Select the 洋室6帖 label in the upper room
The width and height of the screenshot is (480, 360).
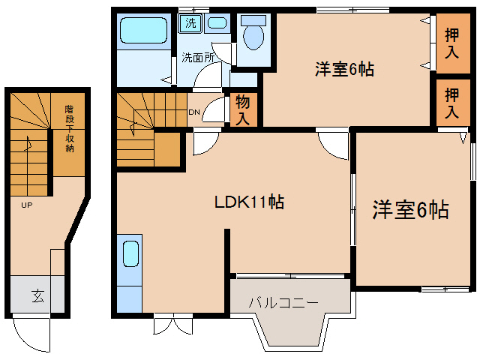[x=344, y=70]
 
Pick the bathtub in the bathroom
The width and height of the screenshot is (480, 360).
[x=143, y=32]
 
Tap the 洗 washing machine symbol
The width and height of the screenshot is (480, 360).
[x=190, y=22]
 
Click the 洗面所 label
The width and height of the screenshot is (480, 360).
[x=198, y=57]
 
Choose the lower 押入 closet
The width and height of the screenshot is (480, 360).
[x=451, y=103]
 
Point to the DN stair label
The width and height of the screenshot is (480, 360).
[x=193, y=113]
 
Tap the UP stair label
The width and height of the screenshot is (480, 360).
[x=26, y=205]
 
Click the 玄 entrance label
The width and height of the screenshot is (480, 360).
[x=37, y=295]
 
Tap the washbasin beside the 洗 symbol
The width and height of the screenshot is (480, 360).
[x=217, y=22]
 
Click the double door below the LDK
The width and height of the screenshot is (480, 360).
[x=172, y=325]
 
